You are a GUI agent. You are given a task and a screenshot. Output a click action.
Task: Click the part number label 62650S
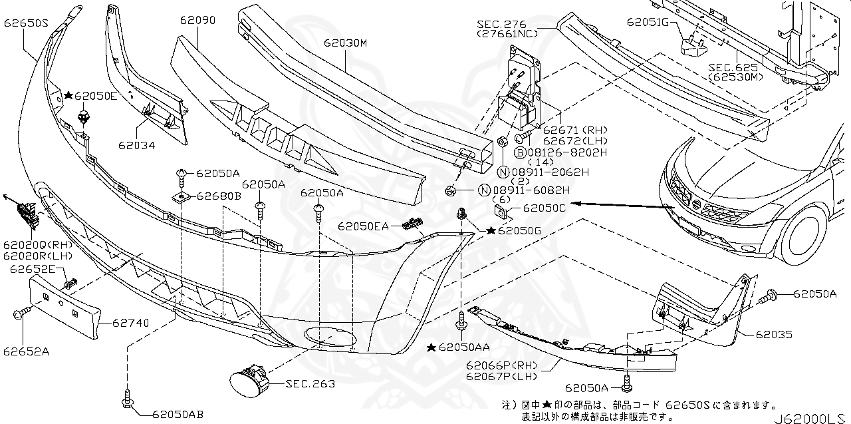pos(26,22)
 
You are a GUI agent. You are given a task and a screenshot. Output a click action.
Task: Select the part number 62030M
pos(346,44)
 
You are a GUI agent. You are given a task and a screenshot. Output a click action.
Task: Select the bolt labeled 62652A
pos(18,312)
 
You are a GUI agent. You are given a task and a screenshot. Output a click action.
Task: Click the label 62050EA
pos(362,227)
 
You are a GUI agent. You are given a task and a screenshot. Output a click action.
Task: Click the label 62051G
pos(648,22)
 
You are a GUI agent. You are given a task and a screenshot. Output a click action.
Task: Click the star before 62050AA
pos(431,347)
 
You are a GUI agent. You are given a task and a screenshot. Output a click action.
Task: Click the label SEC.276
pos(501,25)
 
